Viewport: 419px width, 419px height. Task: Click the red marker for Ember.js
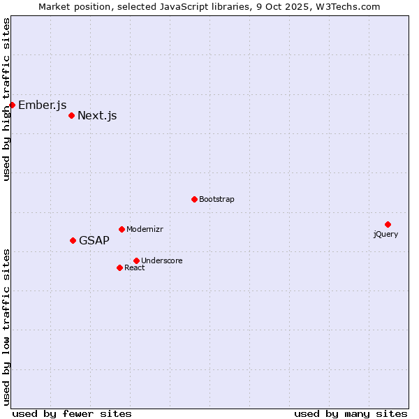click(x=12, y=105)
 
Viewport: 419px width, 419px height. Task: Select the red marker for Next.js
click(x=71, y=115)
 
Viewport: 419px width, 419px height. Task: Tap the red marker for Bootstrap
click(x=194, y=199)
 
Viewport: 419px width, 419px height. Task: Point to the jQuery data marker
click(x=388, y=224)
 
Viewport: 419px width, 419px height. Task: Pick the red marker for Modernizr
click(x=122, y=229)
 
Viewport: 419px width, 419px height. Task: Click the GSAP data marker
click(x=73, y=240)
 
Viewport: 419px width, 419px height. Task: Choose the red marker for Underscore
click(x=136, y=260)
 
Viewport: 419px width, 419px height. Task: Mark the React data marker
click(x=119, y=267)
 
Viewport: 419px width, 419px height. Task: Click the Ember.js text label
click(x=42, y=105)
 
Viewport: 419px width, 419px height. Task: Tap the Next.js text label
click(x=97, y=116)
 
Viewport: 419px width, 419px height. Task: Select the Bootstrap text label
click(x=216, y=200)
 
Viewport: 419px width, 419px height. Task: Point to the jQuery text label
click(x=385, y=235)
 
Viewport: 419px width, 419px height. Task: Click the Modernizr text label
click(x=145, y=230)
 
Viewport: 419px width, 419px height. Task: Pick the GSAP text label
click(x=94, y=241)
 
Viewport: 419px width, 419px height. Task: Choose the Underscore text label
click(x=162, y=261)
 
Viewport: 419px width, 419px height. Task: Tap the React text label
click(x=135, y=268)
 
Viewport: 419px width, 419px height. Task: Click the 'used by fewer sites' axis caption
click(x=72, y=414)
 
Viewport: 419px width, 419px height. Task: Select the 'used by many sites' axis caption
click(x=351, y=414)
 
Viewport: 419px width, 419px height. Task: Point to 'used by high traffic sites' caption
click(x=7, y=99)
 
